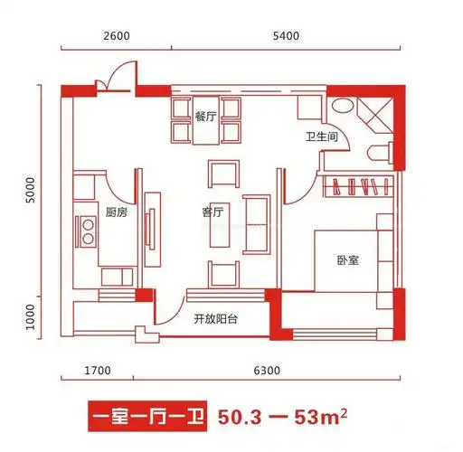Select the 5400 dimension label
[286, 35]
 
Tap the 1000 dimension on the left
[31, 317]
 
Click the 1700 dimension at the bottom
[98, 370]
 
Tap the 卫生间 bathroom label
[321, 137]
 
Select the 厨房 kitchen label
[117, 212]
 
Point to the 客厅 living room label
[213, 213]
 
